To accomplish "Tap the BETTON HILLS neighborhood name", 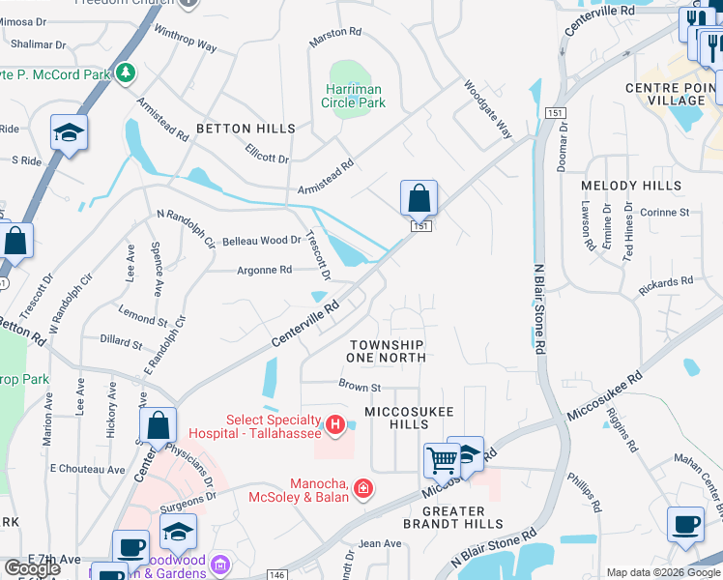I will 246,129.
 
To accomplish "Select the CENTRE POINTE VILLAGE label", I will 666,94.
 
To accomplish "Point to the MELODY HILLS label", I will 631,186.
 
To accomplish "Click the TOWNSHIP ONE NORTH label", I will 387,351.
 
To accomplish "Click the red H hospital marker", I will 334,423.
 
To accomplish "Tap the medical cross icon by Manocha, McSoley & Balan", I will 362,489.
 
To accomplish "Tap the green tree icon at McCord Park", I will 124,72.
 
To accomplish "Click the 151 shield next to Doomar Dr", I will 554,113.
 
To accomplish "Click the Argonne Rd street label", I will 265,271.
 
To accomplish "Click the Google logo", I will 32,568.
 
